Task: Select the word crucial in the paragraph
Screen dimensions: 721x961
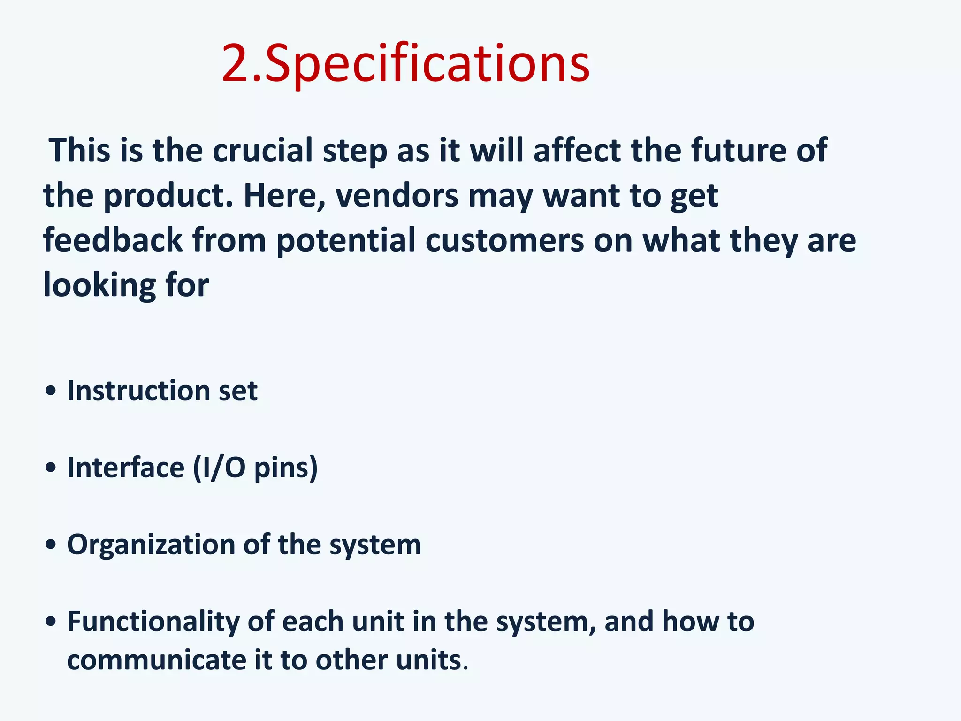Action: (262, 151)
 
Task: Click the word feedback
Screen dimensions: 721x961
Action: (113, 240)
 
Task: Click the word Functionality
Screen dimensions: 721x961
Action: (153, 621)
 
